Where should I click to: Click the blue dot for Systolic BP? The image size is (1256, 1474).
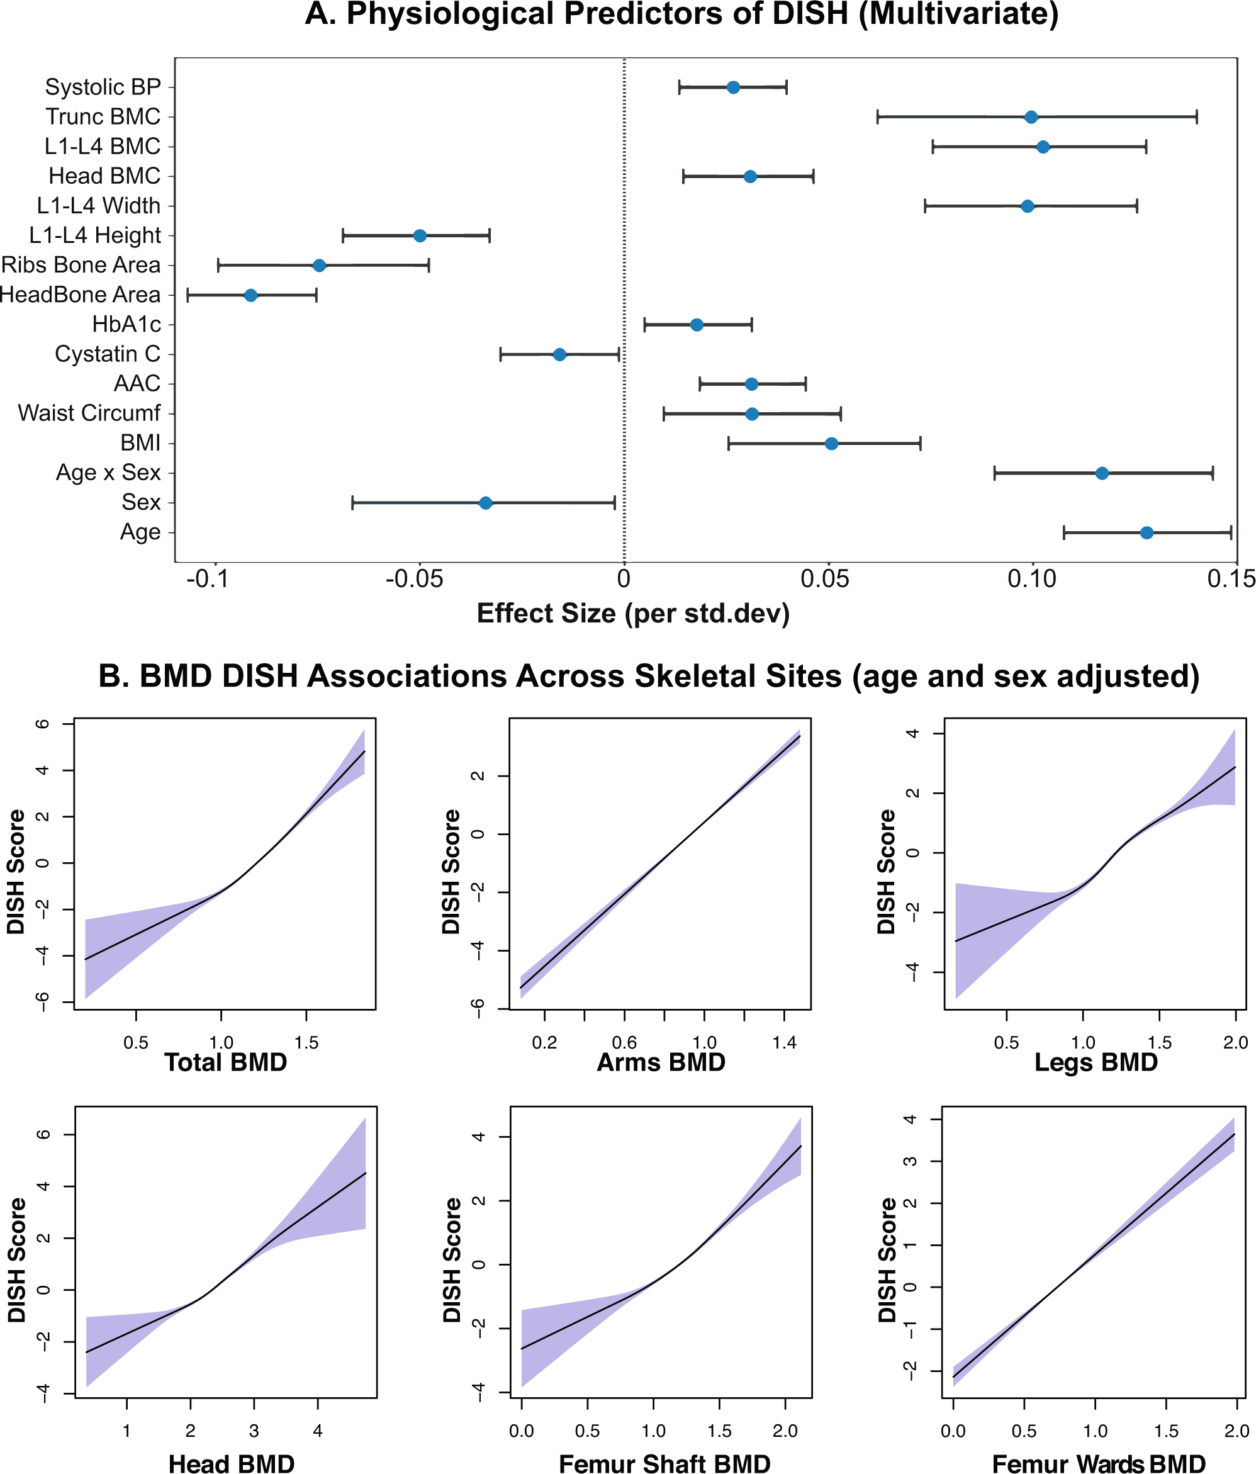pyautogui.click(x=732, y=87)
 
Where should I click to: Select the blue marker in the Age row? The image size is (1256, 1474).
pyautogui.click(x=1146, y=532)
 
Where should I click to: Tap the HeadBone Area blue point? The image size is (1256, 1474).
pyautogui.click(x=250, y=295)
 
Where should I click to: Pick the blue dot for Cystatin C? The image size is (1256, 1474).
pyautogui.click(x=559, y=354)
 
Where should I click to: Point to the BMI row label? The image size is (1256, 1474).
pyautogui.click(x=140, y=443)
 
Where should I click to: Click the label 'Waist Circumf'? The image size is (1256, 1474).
pyautogui.click(x=89, y=414)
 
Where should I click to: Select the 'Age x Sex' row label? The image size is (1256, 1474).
pyautogui.click(x=108, y=473)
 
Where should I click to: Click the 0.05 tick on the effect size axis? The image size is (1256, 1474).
pyautogui.click(x=824, y=579)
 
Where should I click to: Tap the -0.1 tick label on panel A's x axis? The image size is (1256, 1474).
pyautogui.click(x=207, y=579)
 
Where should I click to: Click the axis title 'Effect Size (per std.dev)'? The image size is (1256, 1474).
pyautogui.click(x=633, y=613)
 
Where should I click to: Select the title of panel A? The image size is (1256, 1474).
pyautogui.click(x=681, y=14)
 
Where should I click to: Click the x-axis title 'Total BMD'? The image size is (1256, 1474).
pyautogui.click(x=225, y=1062)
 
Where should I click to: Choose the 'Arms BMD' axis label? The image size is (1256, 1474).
pyautogui.click(x=661, y=1062)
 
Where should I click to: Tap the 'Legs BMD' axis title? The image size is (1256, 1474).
pyautogui.click(x=1096, y=1062)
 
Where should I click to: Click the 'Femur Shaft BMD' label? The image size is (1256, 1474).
pyautogui.click(x=664, y=1463)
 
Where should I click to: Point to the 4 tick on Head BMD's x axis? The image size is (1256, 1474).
pyautogui.click(x=317, y=1431)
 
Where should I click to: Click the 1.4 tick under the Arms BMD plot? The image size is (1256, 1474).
pyautogui.click(x=785, y=1043)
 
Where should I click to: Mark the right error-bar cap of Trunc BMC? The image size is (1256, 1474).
pyautogui.click(x=1196, y=116)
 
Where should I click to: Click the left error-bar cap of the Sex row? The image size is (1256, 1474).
pyautogui.click(x=352, y=503)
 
